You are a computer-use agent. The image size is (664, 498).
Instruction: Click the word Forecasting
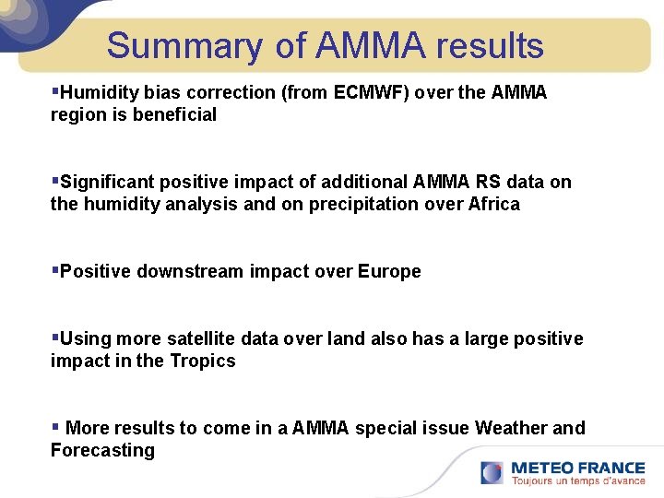(x=102, y=450)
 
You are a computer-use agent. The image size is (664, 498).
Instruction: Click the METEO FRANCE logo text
(x=577, y=468)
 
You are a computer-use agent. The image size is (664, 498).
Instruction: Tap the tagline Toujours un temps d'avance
(x=577, y=480)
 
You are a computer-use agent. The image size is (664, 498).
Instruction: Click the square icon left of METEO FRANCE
(x=492, y=472)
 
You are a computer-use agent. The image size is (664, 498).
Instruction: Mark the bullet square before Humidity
(x=55, y=91)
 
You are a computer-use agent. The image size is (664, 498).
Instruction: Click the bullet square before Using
(x=55, y=338)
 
